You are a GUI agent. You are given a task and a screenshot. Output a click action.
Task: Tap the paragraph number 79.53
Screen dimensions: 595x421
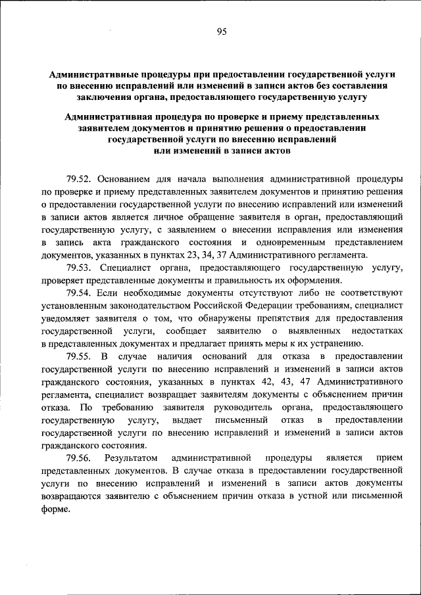pos(80,268)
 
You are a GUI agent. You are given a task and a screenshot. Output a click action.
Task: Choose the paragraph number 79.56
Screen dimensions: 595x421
pos(80,458)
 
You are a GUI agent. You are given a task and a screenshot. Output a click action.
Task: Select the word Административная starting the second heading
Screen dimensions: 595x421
pos(108,116)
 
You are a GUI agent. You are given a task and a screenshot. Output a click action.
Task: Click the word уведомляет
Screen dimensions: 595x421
pos(66,319)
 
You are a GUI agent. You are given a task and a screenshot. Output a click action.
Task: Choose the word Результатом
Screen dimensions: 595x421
pos(128,458)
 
